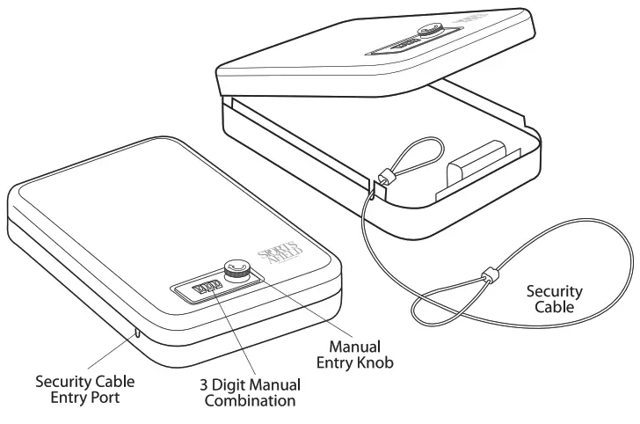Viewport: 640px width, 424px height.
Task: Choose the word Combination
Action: click(x=250, y=401)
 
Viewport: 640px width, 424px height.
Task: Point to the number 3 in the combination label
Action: click(x=206, y=385)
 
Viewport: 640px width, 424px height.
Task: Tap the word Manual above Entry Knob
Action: click(x=354, y=346)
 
